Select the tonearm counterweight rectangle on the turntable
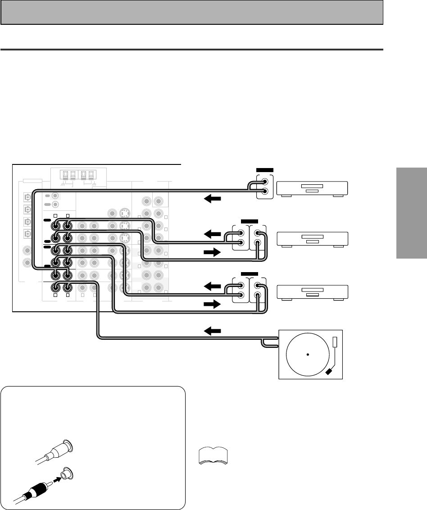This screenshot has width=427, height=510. pyautogui.click(x=334, y=342)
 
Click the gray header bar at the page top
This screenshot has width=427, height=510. pyautogui.click(x=192, y=12)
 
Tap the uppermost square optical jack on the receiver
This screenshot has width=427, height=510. pyautogui.click(x=28, y=197)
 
